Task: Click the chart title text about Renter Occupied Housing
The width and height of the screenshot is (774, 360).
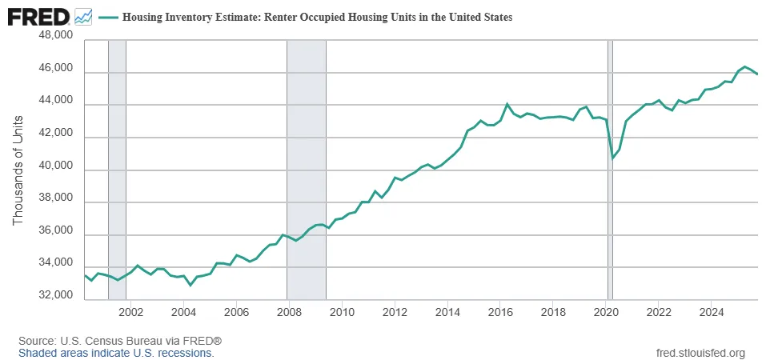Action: point(317,16)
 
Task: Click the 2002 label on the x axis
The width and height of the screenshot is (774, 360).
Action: point(130,311)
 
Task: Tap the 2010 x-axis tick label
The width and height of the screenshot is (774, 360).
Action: point(342,311)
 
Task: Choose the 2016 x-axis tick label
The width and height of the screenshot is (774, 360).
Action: point(500,311)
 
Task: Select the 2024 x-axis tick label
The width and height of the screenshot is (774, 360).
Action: point(712,311)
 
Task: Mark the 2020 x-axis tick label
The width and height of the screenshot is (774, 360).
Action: point(606,311)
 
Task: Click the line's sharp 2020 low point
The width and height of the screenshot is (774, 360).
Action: point(612,158)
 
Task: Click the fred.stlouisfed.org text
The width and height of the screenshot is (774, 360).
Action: point(700,353)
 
